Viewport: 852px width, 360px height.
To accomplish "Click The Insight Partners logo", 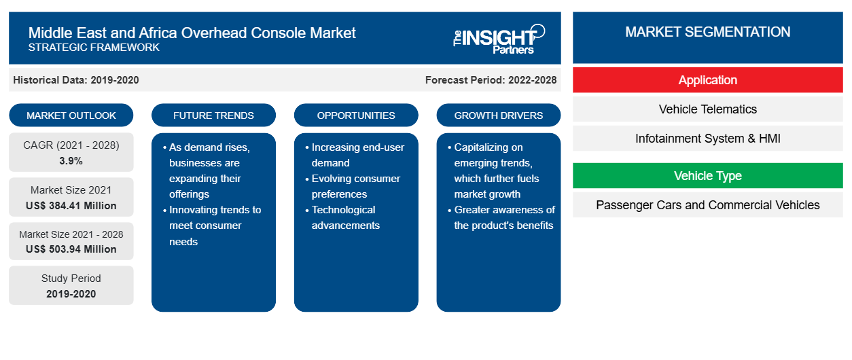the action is click(x=499, y=39).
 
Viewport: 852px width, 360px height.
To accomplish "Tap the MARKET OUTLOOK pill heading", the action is click(x=71, y=115).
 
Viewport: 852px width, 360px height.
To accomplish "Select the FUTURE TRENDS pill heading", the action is click(x=213, y=115).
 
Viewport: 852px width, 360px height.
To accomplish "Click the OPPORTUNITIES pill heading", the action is click(x=356, y=115).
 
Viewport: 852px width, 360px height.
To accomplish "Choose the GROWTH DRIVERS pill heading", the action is click(x=498, y=115).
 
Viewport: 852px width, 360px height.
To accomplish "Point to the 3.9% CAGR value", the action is click(x=71, y=161).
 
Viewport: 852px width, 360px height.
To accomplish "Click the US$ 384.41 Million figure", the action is click(x=71, y=206).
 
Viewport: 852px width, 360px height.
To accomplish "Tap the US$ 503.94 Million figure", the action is click(x=71, y=249).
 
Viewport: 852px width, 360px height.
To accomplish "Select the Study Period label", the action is click(x=71, y=278).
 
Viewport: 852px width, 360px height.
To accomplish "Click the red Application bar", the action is click(x=708, y=80).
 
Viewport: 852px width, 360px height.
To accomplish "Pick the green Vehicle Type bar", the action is click(x=708, y=176).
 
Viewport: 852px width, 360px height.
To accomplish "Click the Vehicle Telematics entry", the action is click(x=708, y=109).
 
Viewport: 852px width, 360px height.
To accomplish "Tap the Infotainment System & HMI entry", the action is click(x=708, y=139).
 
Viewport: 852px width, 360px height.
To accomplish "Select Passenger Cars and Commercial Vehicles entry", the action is click(x=708, y=205).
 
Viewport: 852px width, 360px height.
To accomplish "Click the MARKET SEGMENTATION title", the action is click(x=708, y=32).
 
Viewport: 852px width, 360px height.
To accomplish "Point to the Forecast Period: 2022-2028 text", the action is click(x=491, y=80).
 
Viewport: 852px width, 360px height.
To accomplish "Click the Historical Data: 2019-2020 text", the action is click(x=76, y=80).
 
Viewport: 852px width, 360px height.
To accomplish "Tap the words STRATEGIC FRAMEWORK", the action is click(x=94, y=47).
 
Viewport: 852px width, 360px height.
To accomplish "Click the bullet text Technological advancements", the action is click(x=345, y=217).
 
